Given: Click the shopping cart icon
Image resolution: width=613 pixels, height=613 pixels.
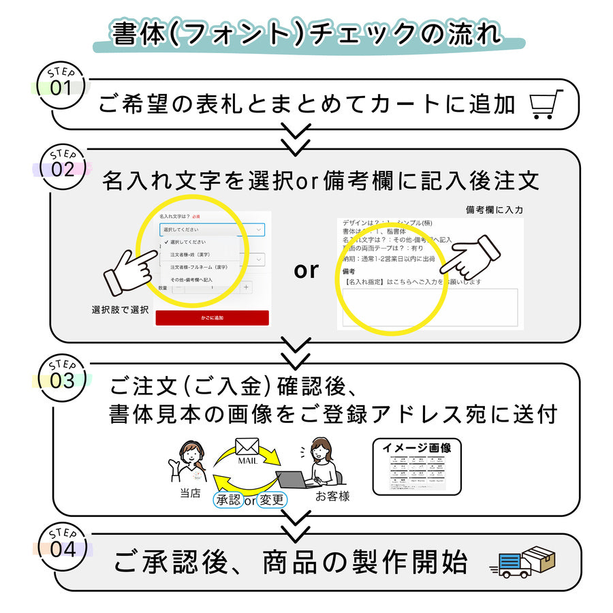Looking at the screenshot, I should point(547,104).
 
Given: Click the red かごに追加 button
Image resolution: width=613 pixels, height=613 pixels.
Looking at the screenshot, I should point(212,318).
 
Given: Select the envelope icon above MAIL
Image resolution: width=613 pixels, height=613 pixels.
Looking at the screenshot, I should point(247,446).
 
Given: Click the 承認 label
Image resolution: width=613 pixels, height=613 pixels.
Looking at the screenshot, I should point(228,500).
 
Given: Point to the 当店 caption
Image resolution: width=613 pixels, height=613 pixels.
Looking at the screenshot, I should point(190,494).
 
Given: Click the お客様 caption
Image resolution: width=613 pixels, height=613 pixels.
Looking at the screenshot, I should point(332,497).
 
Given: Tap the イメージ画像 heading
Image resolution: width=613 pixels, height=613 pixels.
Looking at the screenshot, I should point(416,447).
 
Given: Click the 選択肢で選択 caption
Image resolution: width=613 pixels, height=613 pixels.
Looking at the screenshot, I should point(120,310).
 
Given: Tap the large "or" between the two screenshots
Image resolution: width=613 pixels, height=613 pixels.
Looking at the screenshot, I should point(306,270).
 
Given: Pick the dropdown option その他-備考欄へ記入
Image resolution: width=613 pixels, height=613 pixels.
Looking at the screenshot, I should point(191,279).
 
